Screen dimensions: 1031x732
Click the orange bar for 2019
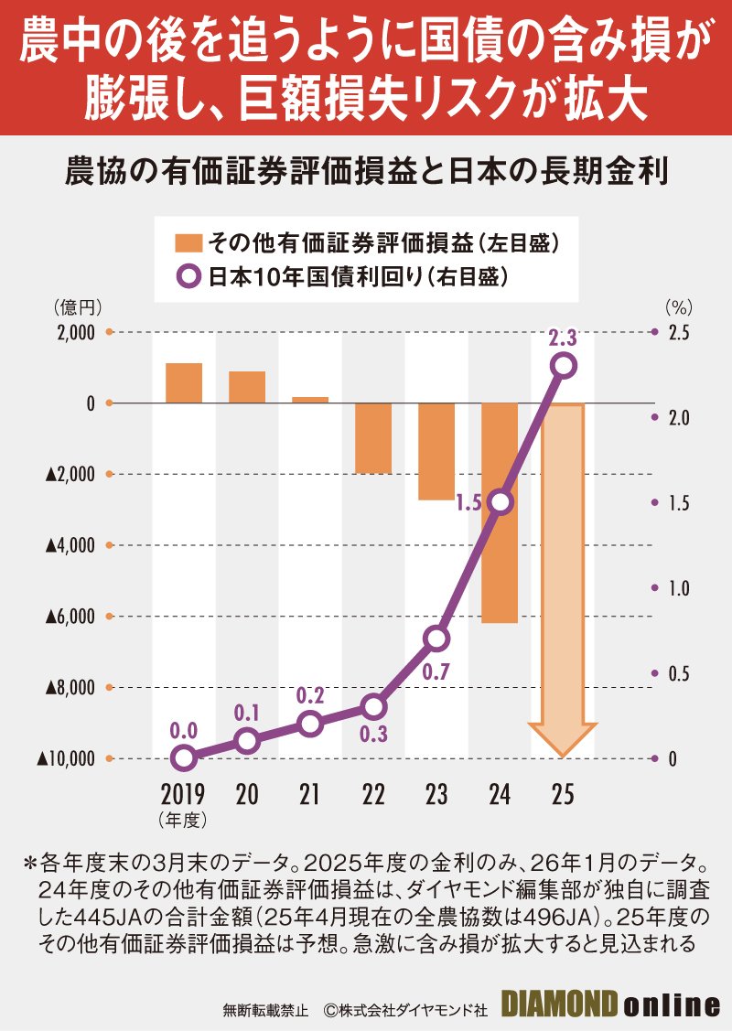click(184, 382)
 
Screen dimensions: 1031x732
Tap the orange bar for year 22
click(373, 438)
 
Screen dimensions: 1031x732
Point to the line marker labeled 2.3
click(564, 366)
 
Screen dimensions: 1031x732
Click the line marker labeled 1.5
click(500, 502)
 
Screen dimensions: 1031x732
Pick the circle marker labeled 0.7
click(437, 638)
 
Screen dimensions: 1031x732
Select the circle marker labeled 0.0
click(184, 757)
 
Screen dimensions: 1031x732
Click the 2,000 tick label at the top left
click(75, 332)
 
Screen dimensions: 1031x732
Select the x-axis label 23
click(436, 794)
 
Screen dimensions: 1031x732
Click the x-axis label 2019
click(183, 794)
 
